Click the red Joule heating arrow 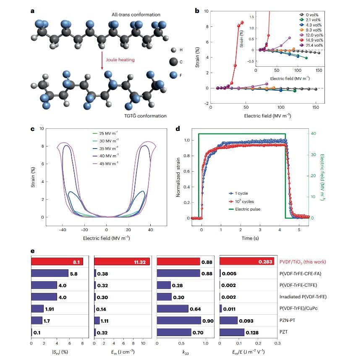[x=102, y=60]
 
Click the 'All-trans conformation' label [x=136, y=15]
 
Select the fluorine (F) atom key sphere [x=173, y=75]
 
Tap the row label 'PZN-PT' [x=293, y=321]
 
